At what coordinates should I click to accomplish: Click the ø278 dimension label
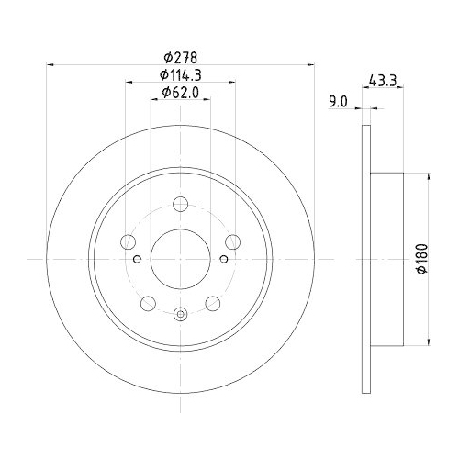coord(181,57)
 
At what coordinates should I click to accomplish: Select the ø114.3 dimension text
coord(181,74)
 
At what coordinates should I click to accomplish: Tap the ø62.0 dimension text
coord(181,92)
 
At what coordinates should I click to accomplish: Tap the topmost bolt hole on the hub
coord(180,203)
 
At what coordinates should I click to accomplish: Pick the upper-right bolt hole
coord(234,242)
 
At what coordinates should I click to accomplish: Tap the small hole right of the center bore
coord(224,260)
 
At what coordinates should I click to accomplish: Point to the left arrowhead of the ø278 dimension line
coord(50,64)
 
